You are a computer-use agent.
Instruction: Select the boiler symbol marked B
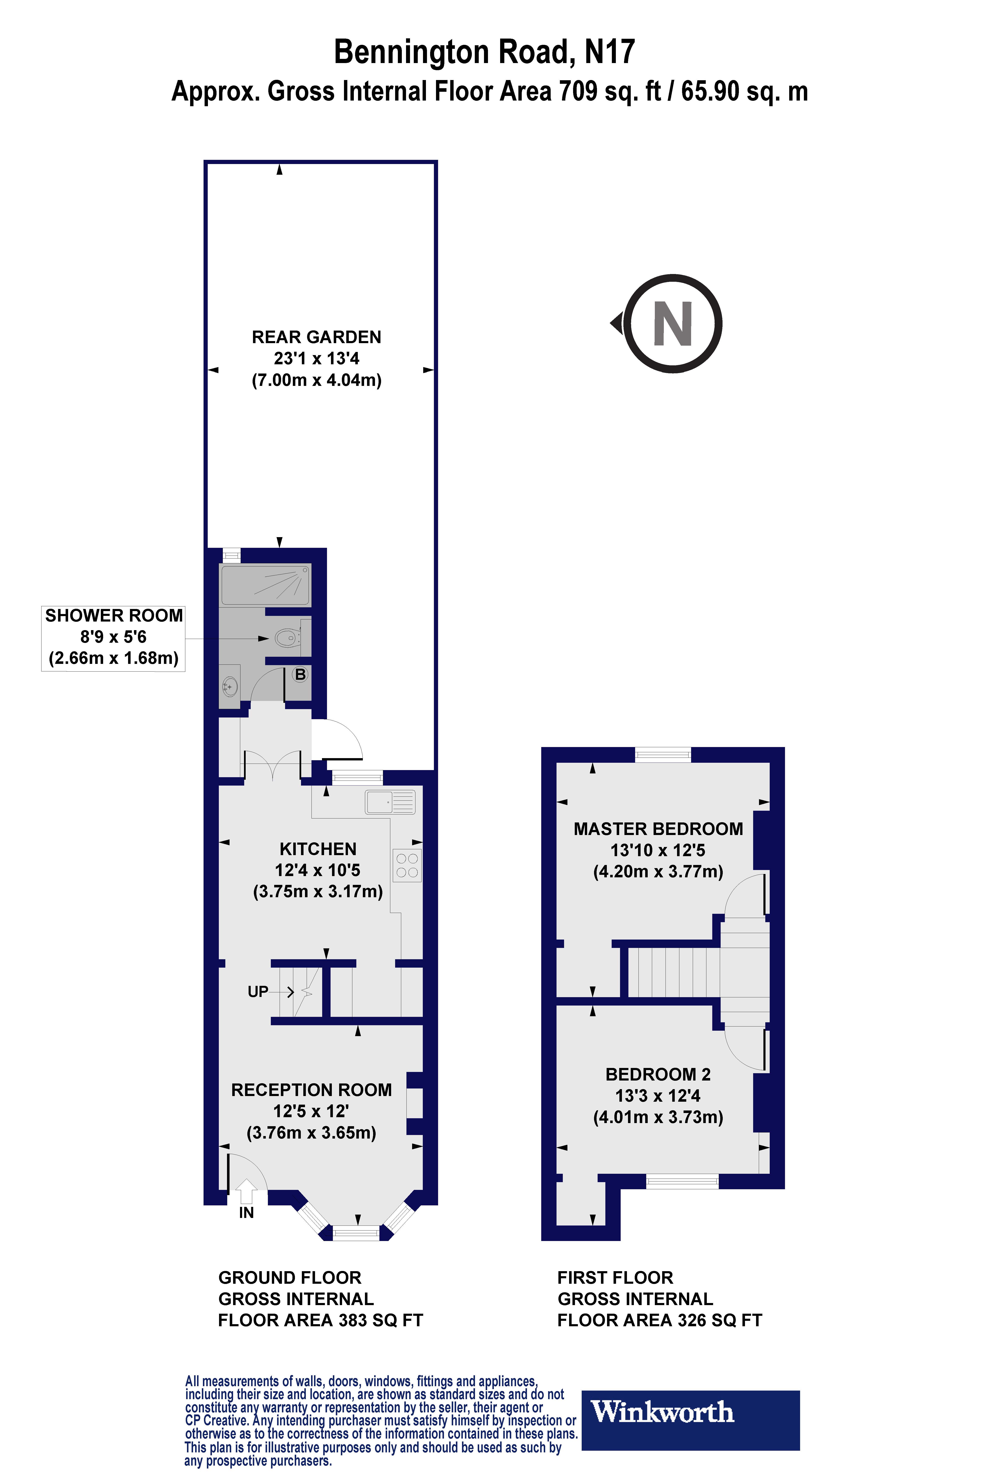coord(301,675)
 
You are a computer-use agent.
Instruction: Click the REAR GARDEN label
coord(316,337)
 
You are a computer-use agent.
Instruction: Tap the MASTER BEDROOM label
coord(658,829)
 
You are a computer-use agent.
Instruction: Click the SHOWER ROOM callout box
coord(114,637)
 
